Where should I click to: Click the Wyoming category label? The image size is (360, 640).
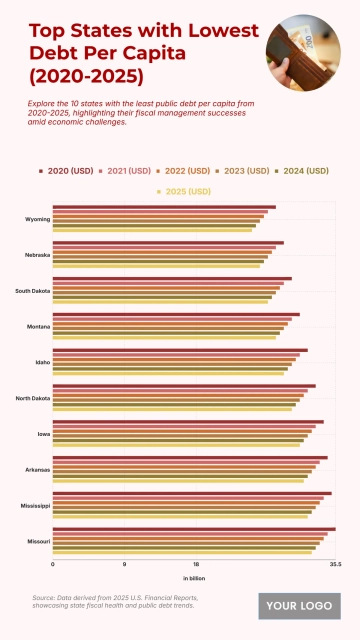pos(38,219)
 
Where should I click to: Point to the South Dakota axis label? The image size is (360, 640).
pos(32,291)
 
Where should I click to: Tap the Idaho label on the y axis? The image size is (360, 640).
pos(42,362)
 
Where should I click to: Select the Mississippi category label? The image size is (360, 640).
pos(35,506)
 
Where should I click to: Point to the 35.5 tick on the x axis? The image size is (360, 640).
pos(335,564)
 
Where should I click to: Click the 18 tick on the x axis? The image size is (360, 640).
pos(196,564)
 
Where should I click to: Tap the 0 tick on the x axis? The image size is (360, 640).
pos(53,564)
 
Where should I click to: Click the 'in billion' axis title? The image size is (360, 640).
pos(194,578)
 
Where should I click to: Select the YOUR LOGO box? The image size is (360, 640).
pos(299,605)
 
